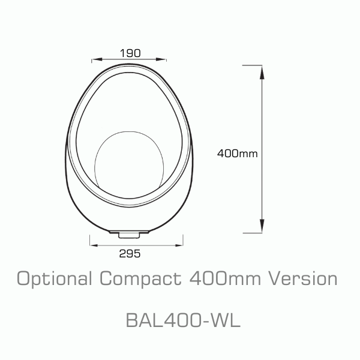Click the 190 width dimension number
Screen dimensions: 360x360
click(x=129, y=53)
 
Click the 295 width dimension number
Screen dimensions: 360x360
click(x=130, y=254)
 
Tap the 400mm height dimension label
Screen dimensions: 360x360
click(x=238, y=153)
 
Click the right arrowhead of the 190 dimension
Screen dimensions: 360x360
click(x=163, y=59)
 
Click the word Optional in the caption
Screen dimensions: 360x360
click(x=53, y=279)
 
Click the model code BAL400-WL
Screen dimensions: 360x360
click(x=183, y=320)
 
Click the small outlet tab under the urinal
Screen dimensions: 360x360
click(x=129, y=232)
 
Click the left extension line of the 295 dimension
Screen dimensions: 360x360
click(x=89, y=240)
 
